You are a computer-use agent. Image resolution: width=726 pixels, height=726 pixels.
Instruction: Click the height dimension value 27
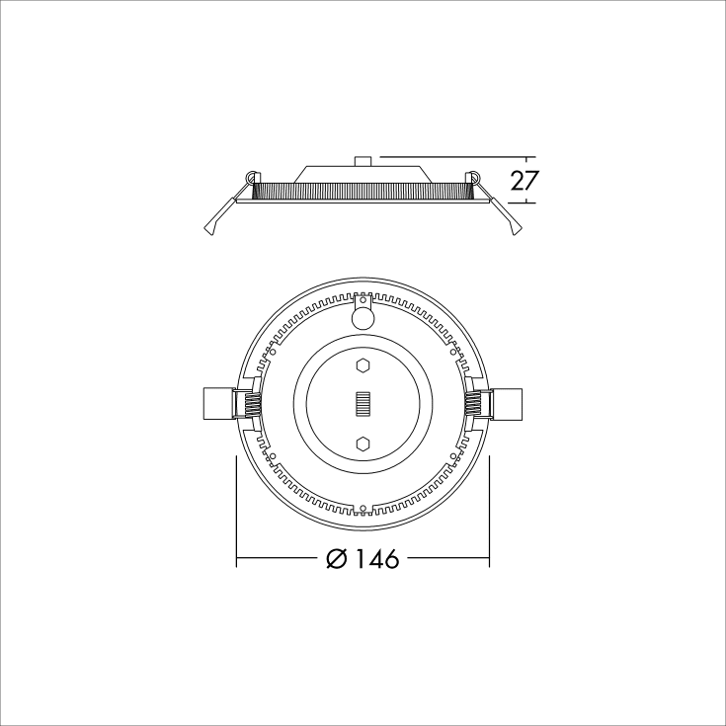[x=524, y=180]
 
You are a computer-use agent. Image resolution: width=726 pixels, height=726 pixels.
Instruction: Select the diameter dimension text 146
[x=377, y=559]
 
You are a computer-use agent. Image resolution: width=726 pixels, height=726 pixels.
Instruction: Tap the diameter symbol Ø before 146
[x=336, y=559]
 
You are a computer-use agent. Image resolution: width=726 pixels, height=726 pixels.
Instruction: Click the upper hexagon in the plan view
[x=363, y=365]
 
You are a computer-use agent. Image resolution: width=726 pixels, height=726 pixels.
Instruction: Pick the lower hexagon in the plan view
[x=363, y=444]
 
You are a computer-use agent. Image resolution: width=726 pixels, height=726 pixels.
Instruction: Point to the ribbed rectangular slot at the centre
[x=363, y=404]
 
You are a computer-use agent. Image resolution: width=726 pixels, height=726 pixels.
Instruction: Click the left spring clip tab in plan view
[x=216, y=404]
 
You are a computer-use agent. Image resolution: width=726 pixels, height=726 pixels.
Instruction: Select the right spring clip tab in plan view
[x=510, y=404]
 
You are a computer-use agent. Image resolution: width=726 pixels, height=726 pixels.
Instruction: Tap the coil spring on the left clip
[x=251, y=404]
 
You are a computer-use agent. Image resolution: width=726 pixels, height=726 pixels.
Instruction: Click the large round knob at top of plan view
[x=363, y=318]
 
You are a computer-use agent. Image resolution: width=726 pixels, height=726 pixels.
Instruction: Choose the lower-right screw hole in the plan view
[x=453, y=456]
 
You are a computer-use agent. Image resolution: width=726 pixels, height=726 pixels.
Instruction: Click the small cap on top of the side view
[x=363, y=160]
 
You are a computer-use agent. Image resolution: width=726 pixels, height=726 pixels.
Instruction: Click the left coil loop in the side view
[x=252, y=178]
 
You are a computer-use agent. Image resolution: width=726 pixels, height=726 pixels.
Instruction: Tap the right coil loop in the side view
[x=474, y=178]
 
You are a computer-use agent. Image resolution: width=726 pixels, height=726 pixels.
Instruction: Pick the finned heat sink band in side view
[x=363, y=188]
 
